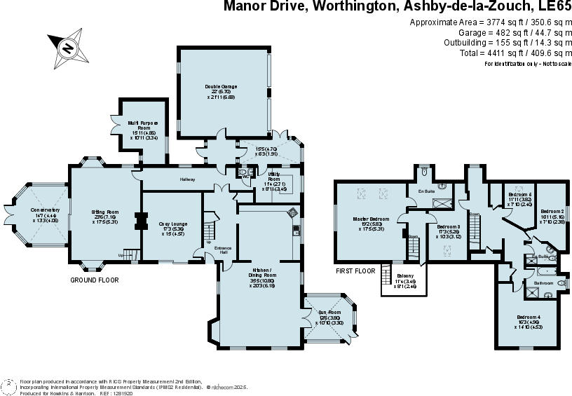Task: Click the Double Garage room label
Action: (221, 91)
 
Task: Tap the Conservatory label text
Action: (45, 214)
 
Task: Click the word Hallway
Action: (187, 179)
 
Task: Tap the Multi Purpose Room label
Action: (143, 130)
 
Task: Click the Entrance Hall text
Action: (222, 250)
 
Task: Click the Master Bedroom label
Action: (371, 224)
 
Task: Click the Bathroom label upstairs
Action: (543, 283)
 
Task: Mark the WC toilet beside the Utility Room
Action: (243, 172)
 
